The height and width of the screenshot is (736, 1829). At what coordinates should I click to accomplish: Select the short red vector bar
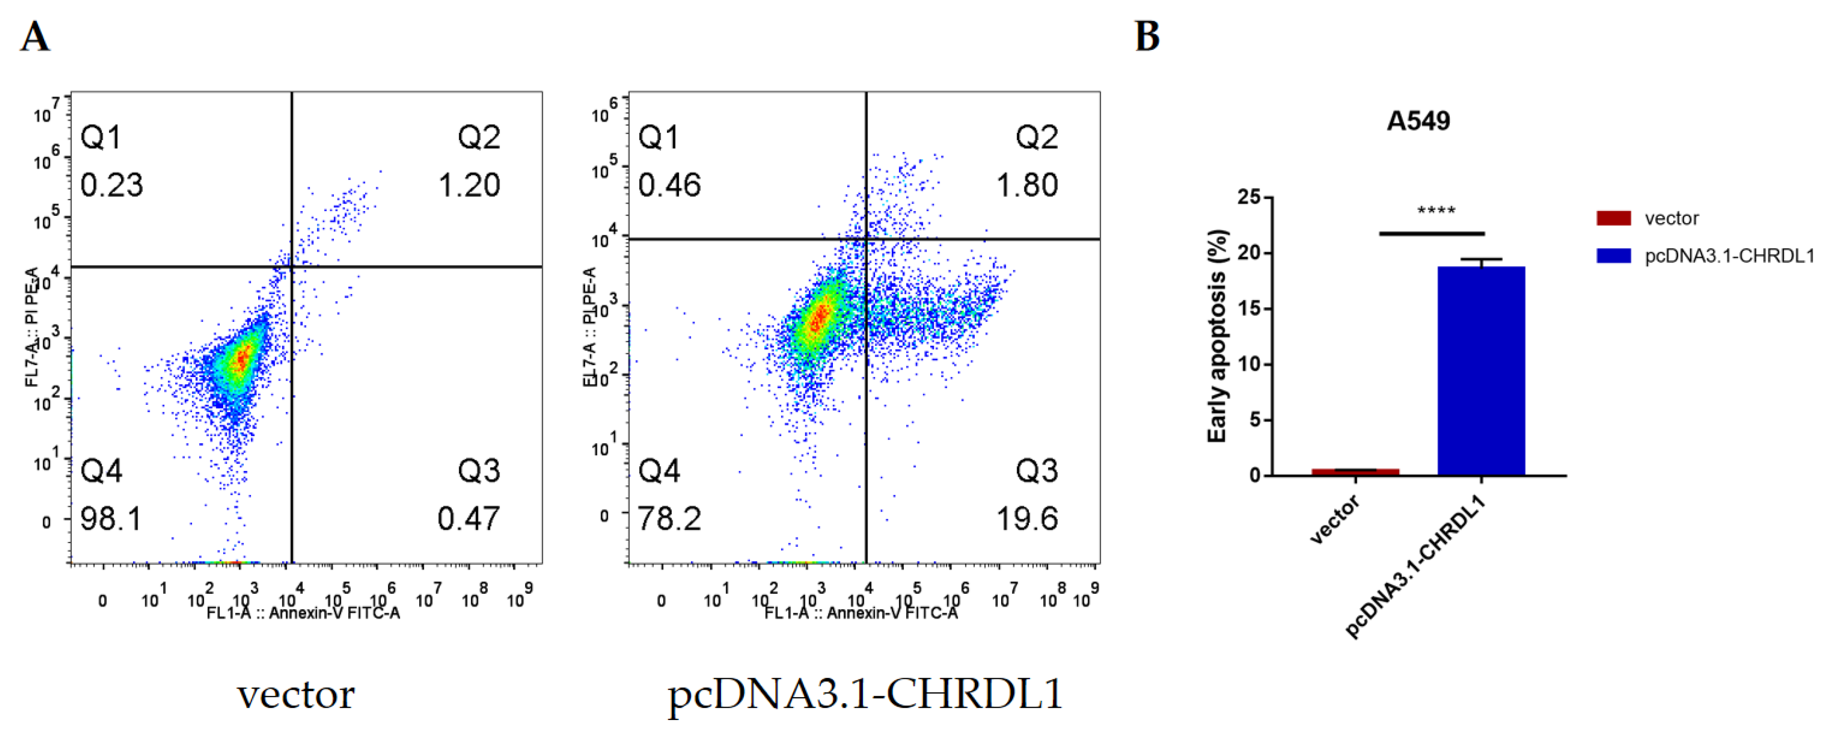click(1355, 471)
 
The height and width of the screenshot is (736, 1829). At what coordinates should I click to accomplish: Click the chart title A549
click(1418, 122)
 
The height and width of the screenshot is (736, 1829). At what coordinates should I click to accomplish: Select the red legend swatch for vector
click(1613, 218)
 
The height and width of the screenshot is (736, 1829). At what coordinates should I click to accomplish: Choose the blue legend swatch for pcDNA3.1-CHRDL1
click(1613, 256)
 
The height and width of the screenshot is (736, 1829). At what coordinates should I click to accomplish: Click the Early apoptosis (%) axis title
click(1218, 336)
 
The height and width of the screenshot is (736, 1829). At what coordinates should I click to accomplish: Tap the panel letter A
click(35, 37)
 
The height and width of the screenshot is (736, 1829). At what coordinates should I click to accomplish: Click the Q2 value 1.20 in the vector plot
click(469, 185)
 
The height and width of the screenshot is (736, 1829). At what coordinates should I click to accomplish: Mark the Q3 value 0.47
click(469, 519)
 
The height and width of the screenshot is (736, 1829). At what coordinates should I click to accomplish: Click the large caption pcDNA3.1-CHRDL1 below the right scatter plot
click(865, 694)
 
